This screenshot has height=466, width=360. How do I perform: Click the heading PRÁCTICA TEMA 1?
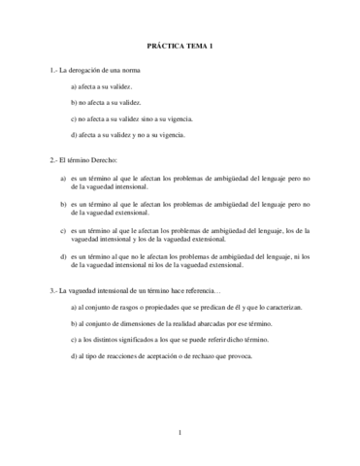180,47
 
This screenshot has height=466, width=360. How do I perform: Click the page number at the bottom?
180,431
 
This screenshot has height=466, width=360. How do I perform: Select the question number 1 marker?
52,72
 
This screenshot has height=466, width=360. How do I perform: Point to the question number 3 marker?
52,290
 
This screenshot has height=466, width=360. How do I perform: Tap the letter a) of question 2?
62,178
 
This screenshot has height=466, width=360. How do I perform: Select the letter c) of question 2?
62,231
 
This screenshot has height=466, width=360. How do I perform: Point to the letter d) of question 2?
62,256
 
